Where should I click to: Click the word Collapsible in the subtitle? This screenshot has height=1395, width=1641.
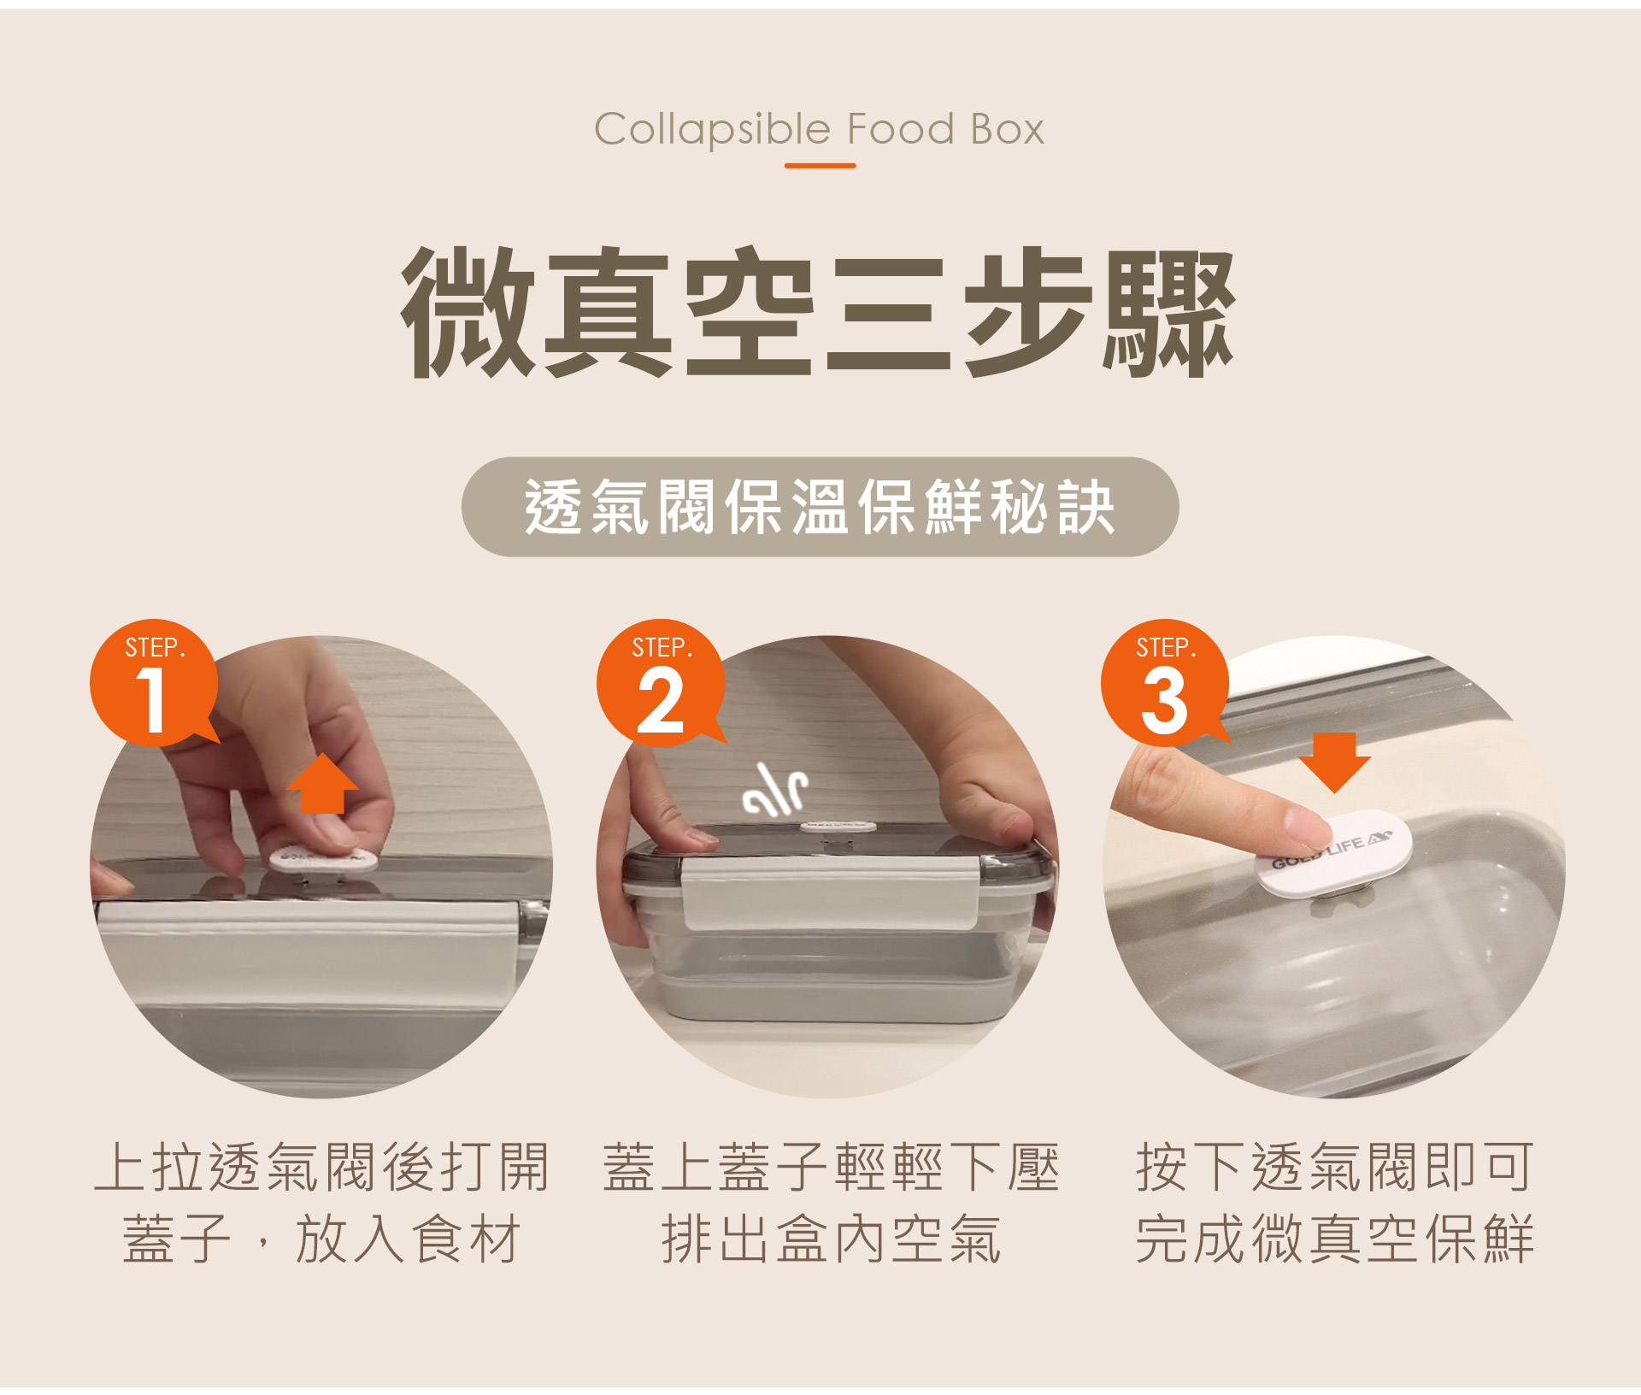pyautogui.click(x=712, y=130)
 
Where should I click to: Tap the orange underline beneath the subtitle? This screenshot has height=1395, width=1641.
pyautogui.click(x=820, y=165)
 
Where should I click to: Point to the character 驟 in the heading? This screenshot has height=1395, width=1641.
pyautogui.click(x=1168, y=312)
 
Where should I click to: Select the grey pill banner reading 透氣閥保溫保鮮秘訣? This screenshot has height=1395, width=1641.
pyautogui.click(x=820, y=507)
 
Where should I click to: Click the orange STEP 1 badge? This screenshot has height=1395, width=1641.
pyautogui.click(x=154, y=684)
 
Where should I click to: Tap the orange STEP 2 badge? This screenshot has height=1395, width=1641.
pyautogui.click(x=661, y=684)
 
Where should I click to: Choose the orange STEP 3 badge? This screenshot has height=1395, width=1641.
pyautogui.click(x=1164, y=684)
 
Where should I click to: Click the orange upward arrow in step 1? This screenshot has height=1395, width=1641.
pyautogui.click(x=322, y=785)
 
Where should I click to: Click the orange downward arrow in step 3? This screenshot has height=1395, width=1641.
pyautogui.click(x=1334, y=762)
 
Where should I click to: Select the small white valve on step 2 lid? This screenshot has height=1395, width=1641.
pyautogui.click(x=837, y=826)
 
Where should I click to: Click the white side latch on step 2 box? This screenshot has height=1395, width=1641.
pyautogui.click(x=829, y=893)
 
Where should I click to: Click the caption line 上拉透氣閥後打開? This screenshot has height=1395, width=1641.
pyautogui.click(x=321, y=1168)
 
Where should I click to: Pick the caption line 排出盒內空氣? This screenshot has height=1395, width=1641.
pyautogui.click(x=831, y=1239)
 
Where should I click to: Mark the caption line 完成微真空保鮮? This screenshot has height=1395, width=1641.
pyautogui.click(x=1334, y=1239)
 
